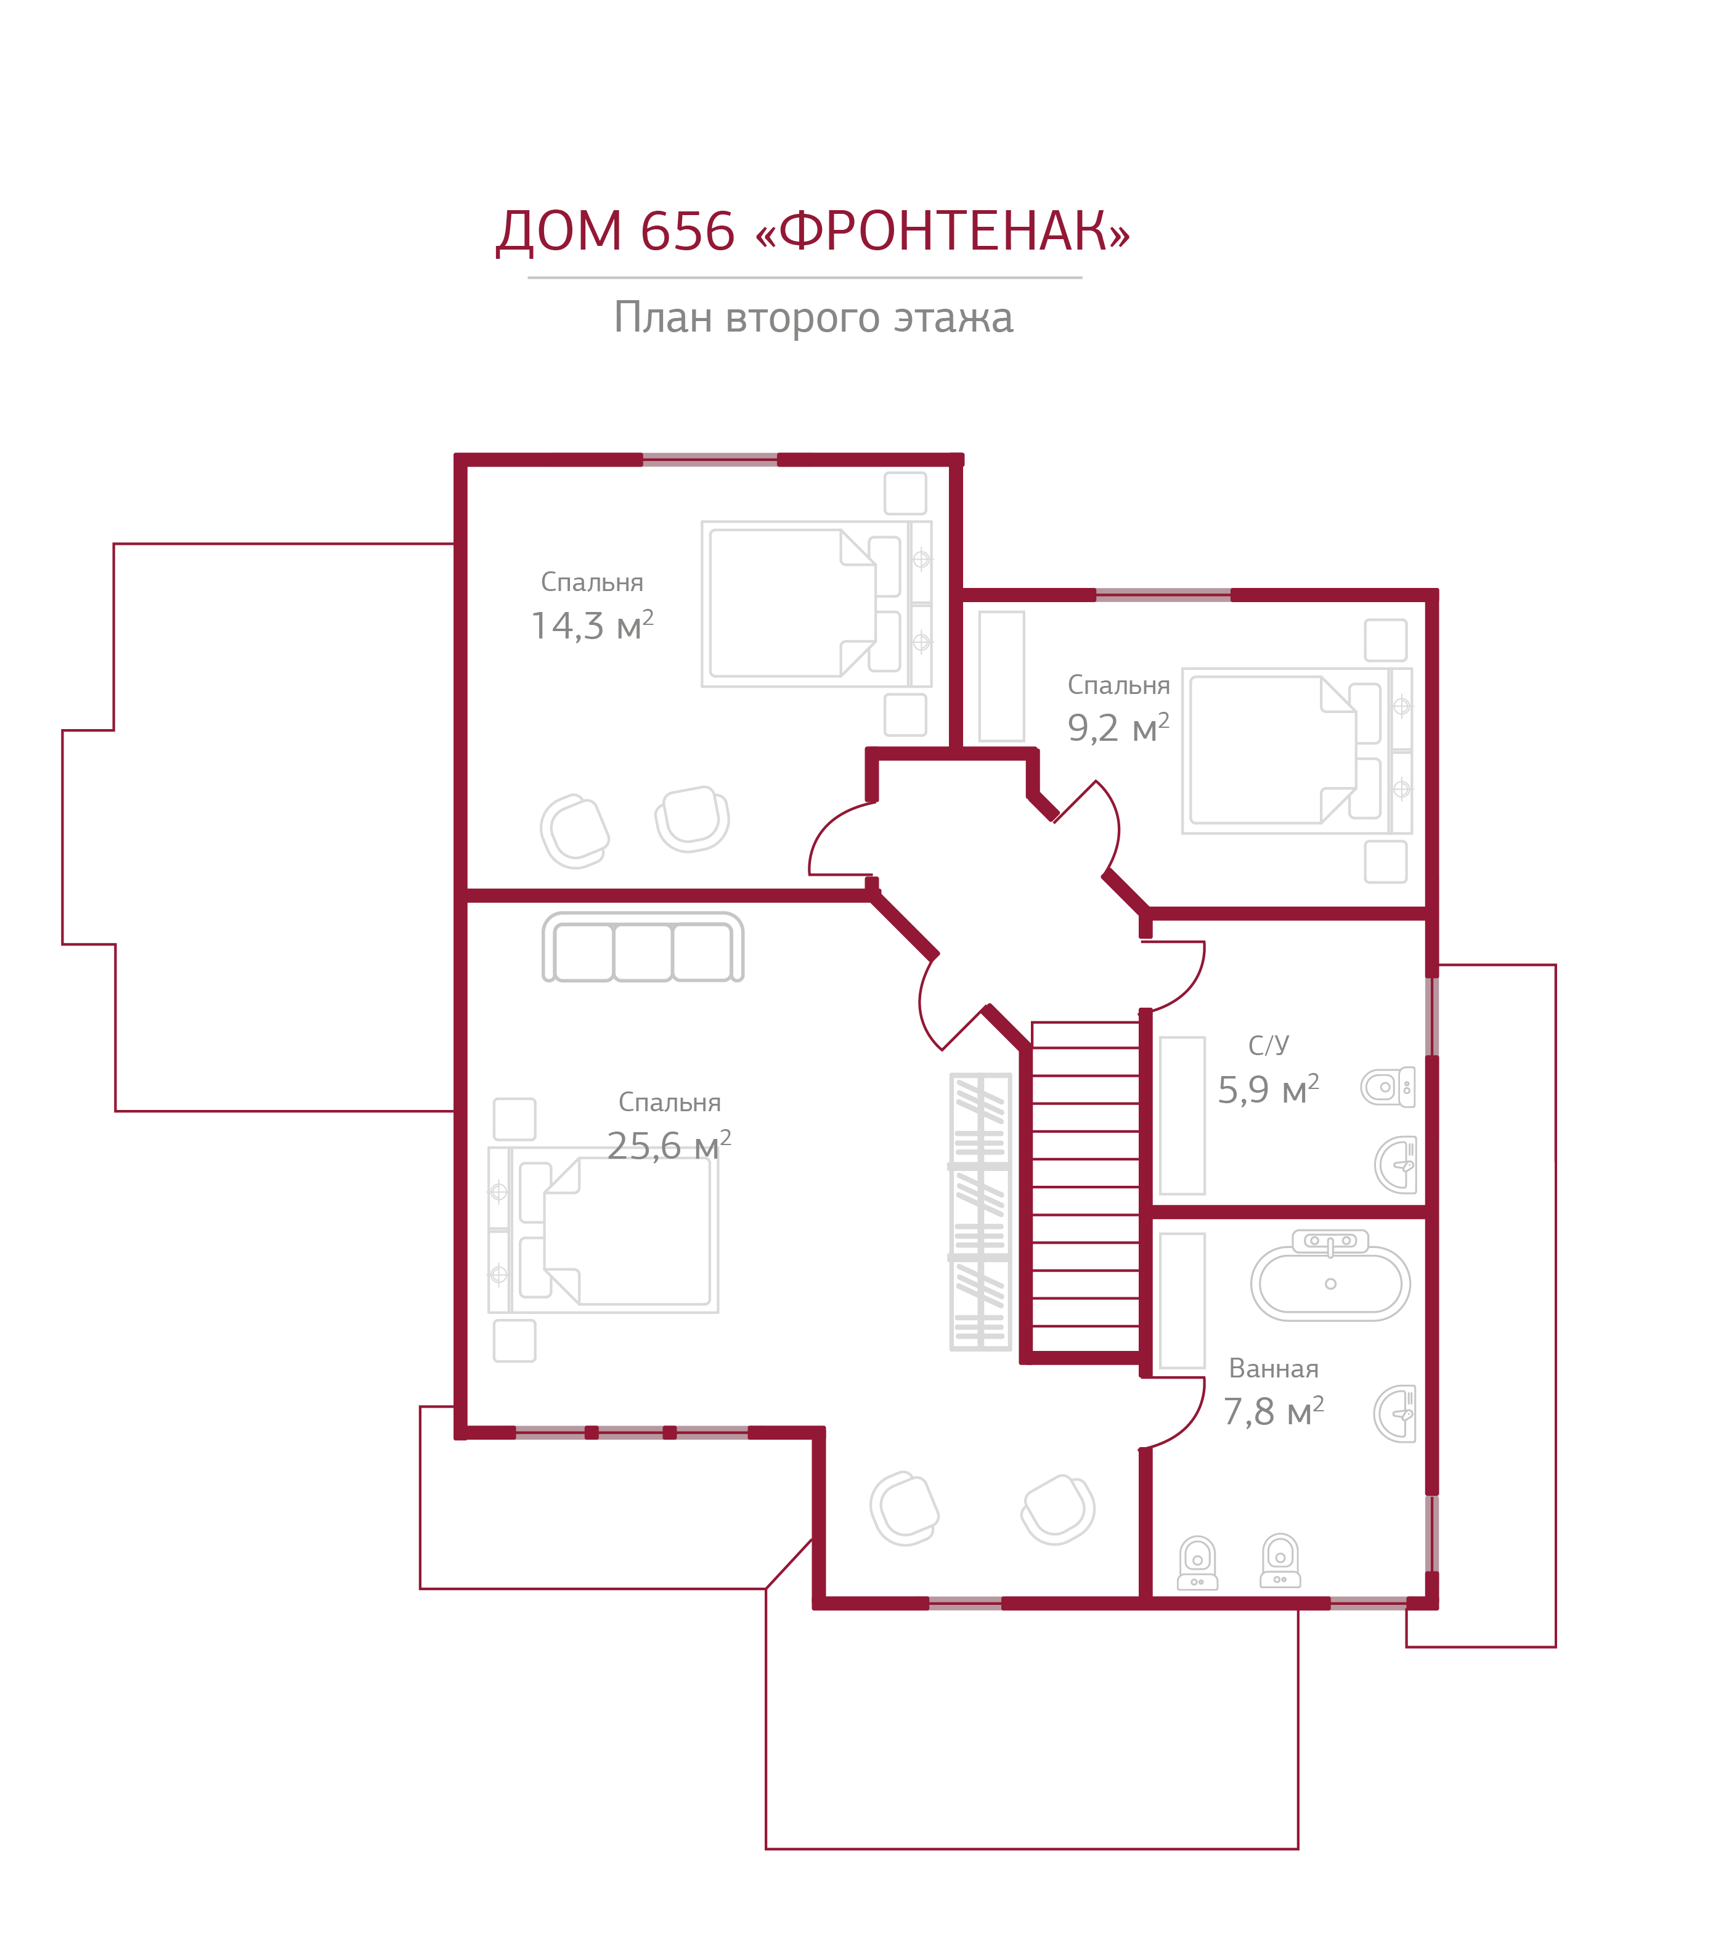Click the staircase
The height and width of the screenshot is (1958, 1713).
1085,1186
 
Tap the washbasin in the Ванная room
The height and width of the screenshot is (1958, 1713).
1396,1414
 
